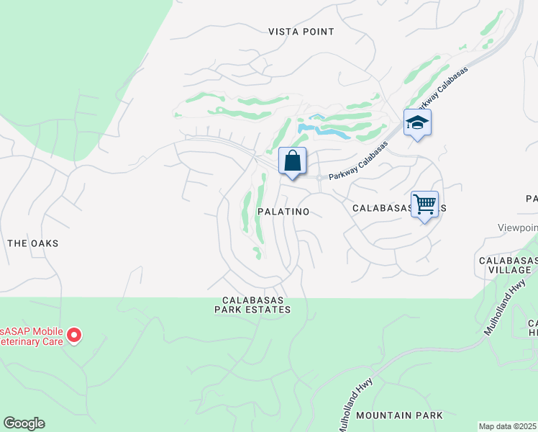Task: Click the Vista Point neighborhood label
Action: (x=301, y=32)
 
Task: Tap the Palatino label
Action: (x=283, y=212)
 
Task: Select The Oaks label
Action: (x=32, y=243)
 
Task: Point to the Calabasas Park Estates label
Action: (x=256, y=305)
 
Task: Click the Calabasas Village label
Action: (x=508, y=264)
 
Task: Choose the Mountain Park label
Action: (x=399, y=415)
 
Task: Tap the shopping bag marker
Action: (x=292, y=162)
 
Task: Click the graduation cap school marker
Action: (x=417, y=123)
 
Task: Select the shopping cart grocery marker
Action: (x=424, y=205)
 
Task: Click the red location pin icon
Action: (x=74, y=335)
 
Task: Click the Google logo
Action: (x=24, y=423)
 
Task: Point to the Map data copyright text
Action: (x=508, y=426)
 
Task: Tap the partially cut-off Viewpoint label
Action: (x=518, y=228)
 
